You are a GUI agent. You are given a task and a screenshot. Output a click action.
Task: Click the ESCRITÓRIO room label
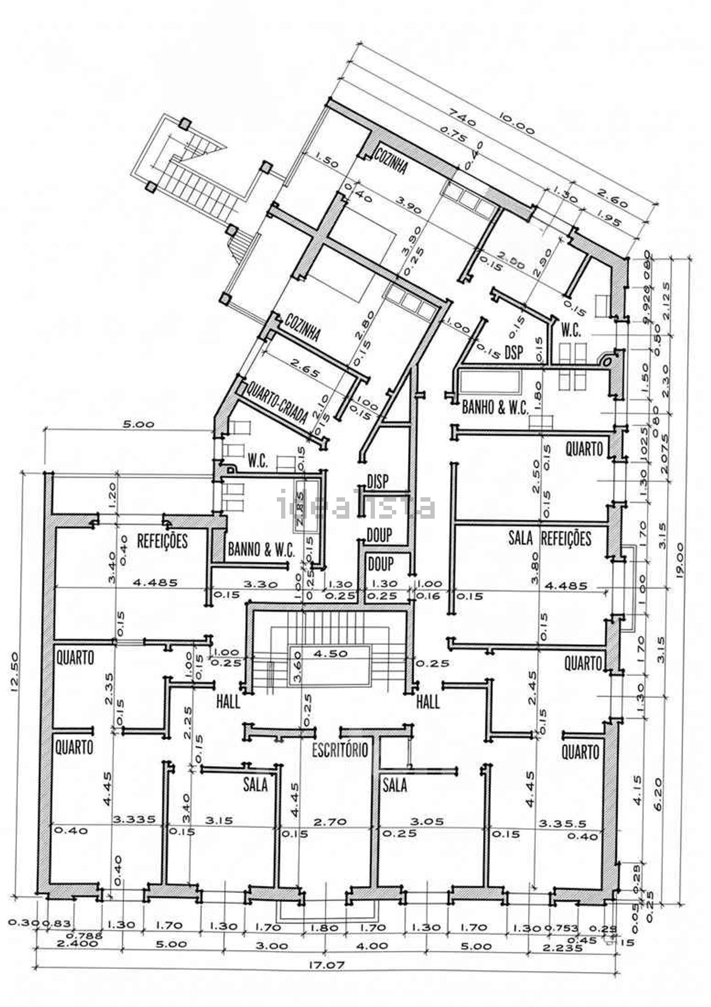point(340,750)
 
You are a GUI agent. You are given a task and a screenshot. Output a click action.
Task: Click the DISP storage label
point(378,482)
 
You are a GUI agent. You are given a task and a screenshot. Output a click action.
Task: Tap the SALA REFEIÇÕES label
point(550,538)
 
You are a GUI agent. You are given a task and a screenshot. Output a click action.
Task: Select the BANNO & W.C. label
point(262,550)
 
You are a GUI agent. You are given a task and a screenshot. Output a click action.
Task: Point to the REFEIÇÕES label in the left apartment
point(163,541)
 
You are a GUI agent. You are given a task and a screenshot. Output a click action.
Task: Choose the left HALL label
point(228,702)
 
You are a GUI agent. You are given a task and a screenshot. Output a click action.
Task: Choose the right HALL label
point(428,702)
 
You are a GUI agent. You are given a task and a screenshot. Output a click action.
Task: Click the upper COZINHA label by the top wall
point(391,160)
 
